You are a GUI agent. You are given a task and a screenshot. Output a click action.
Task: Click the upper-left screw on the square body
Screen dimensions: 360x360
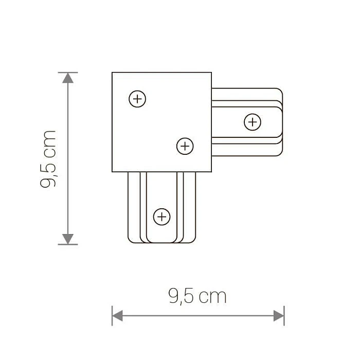click(137, 99)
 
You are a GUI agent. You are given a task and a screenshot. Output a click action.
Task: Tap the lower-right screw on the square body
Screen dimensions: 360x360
click(185, 147)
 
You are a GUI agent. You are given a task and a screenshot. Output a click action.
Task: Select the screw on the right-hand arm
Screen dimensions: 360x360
click(252, 122)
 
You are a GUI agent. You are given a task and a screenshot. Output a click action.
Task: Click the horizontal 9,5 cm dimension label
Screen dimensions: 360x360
click(197, 296)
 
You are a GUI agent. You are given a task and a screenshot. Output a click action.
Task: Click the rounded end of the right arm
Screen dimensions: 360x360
click(281, 122)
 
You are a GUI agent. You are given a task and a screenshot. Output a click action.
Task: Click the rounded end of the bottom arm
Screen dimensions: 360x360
click(161, 240)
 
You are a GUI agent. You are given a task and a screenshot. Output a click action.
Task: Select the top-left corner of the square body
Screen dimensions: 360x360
click(113, 73)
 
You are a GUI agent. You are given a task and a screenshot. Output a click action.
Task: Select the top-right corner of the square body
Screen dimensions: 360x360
click(211, 73)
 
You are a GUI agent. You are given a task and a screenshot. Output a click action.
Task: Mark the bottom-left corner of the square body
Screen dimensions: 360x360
click(113, 171)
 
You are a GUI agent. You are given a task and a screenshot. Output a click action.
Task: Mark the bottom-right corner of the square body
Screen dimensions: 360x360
click(211, 171)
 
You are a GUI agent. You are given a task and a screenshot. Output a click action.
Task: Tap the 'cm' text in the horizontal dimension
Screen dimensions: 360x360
click(212, 297)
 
